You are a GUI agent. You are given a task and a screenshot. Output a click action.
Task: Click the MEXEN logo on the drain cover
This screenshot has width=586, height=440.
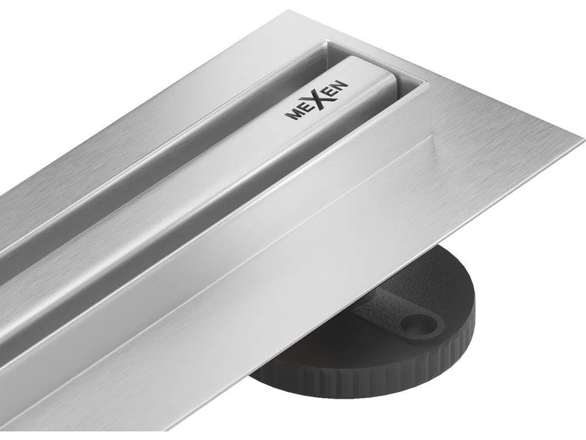(317, 101)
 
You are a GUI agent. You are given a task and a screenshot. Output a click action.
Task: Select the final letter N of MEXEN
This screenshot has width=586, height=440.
(342, 86)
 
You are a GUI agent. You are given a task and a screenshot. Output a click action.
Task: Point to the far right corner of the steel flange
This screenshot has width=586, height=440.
(582, 141)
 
